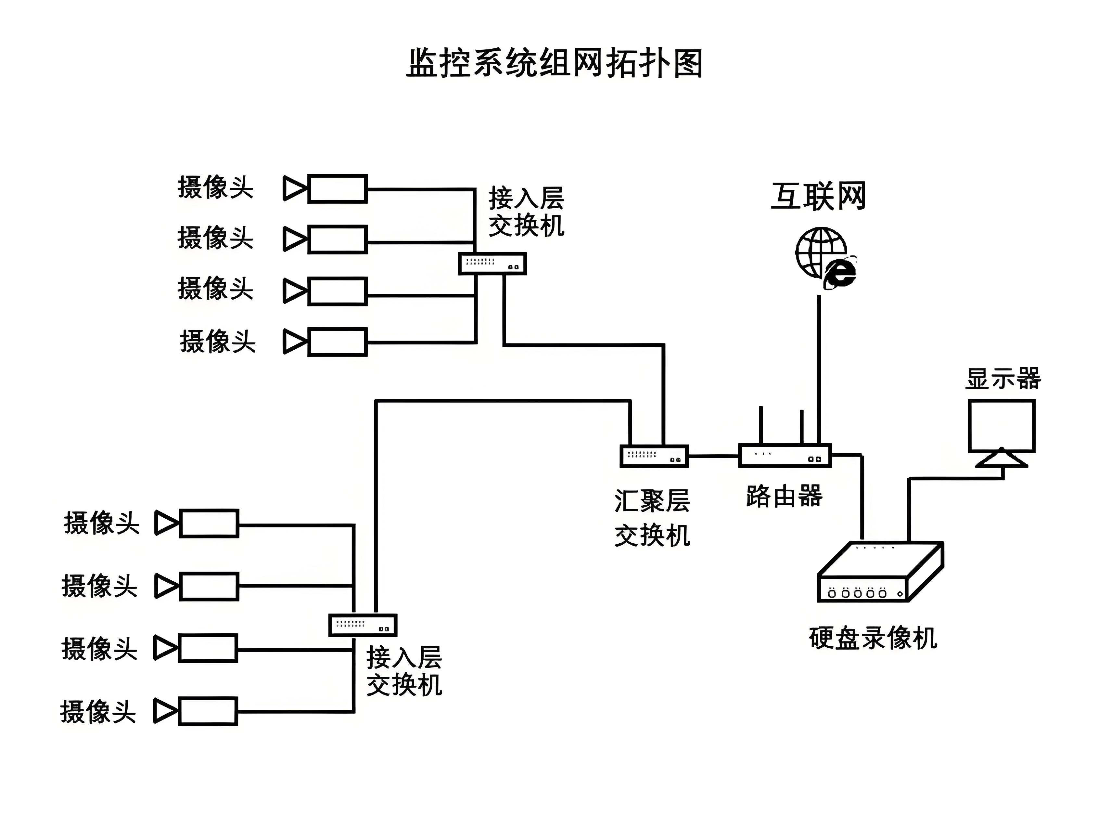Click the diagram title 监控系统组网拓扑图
click(554, 63)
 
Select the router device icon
click(785, 455)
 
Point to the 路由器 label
click(784, 496)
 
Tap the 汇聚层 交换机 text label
click(652, 518)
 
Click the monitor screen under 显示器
click(1001, 425)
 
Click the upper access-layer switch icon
click(492, 264)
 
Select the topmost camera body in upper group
click(337, 188)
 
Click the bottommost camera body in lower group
click(208, 711)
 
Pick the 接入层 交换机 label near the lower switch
click(404, 671)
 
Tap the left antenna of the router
click(761, 424)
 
